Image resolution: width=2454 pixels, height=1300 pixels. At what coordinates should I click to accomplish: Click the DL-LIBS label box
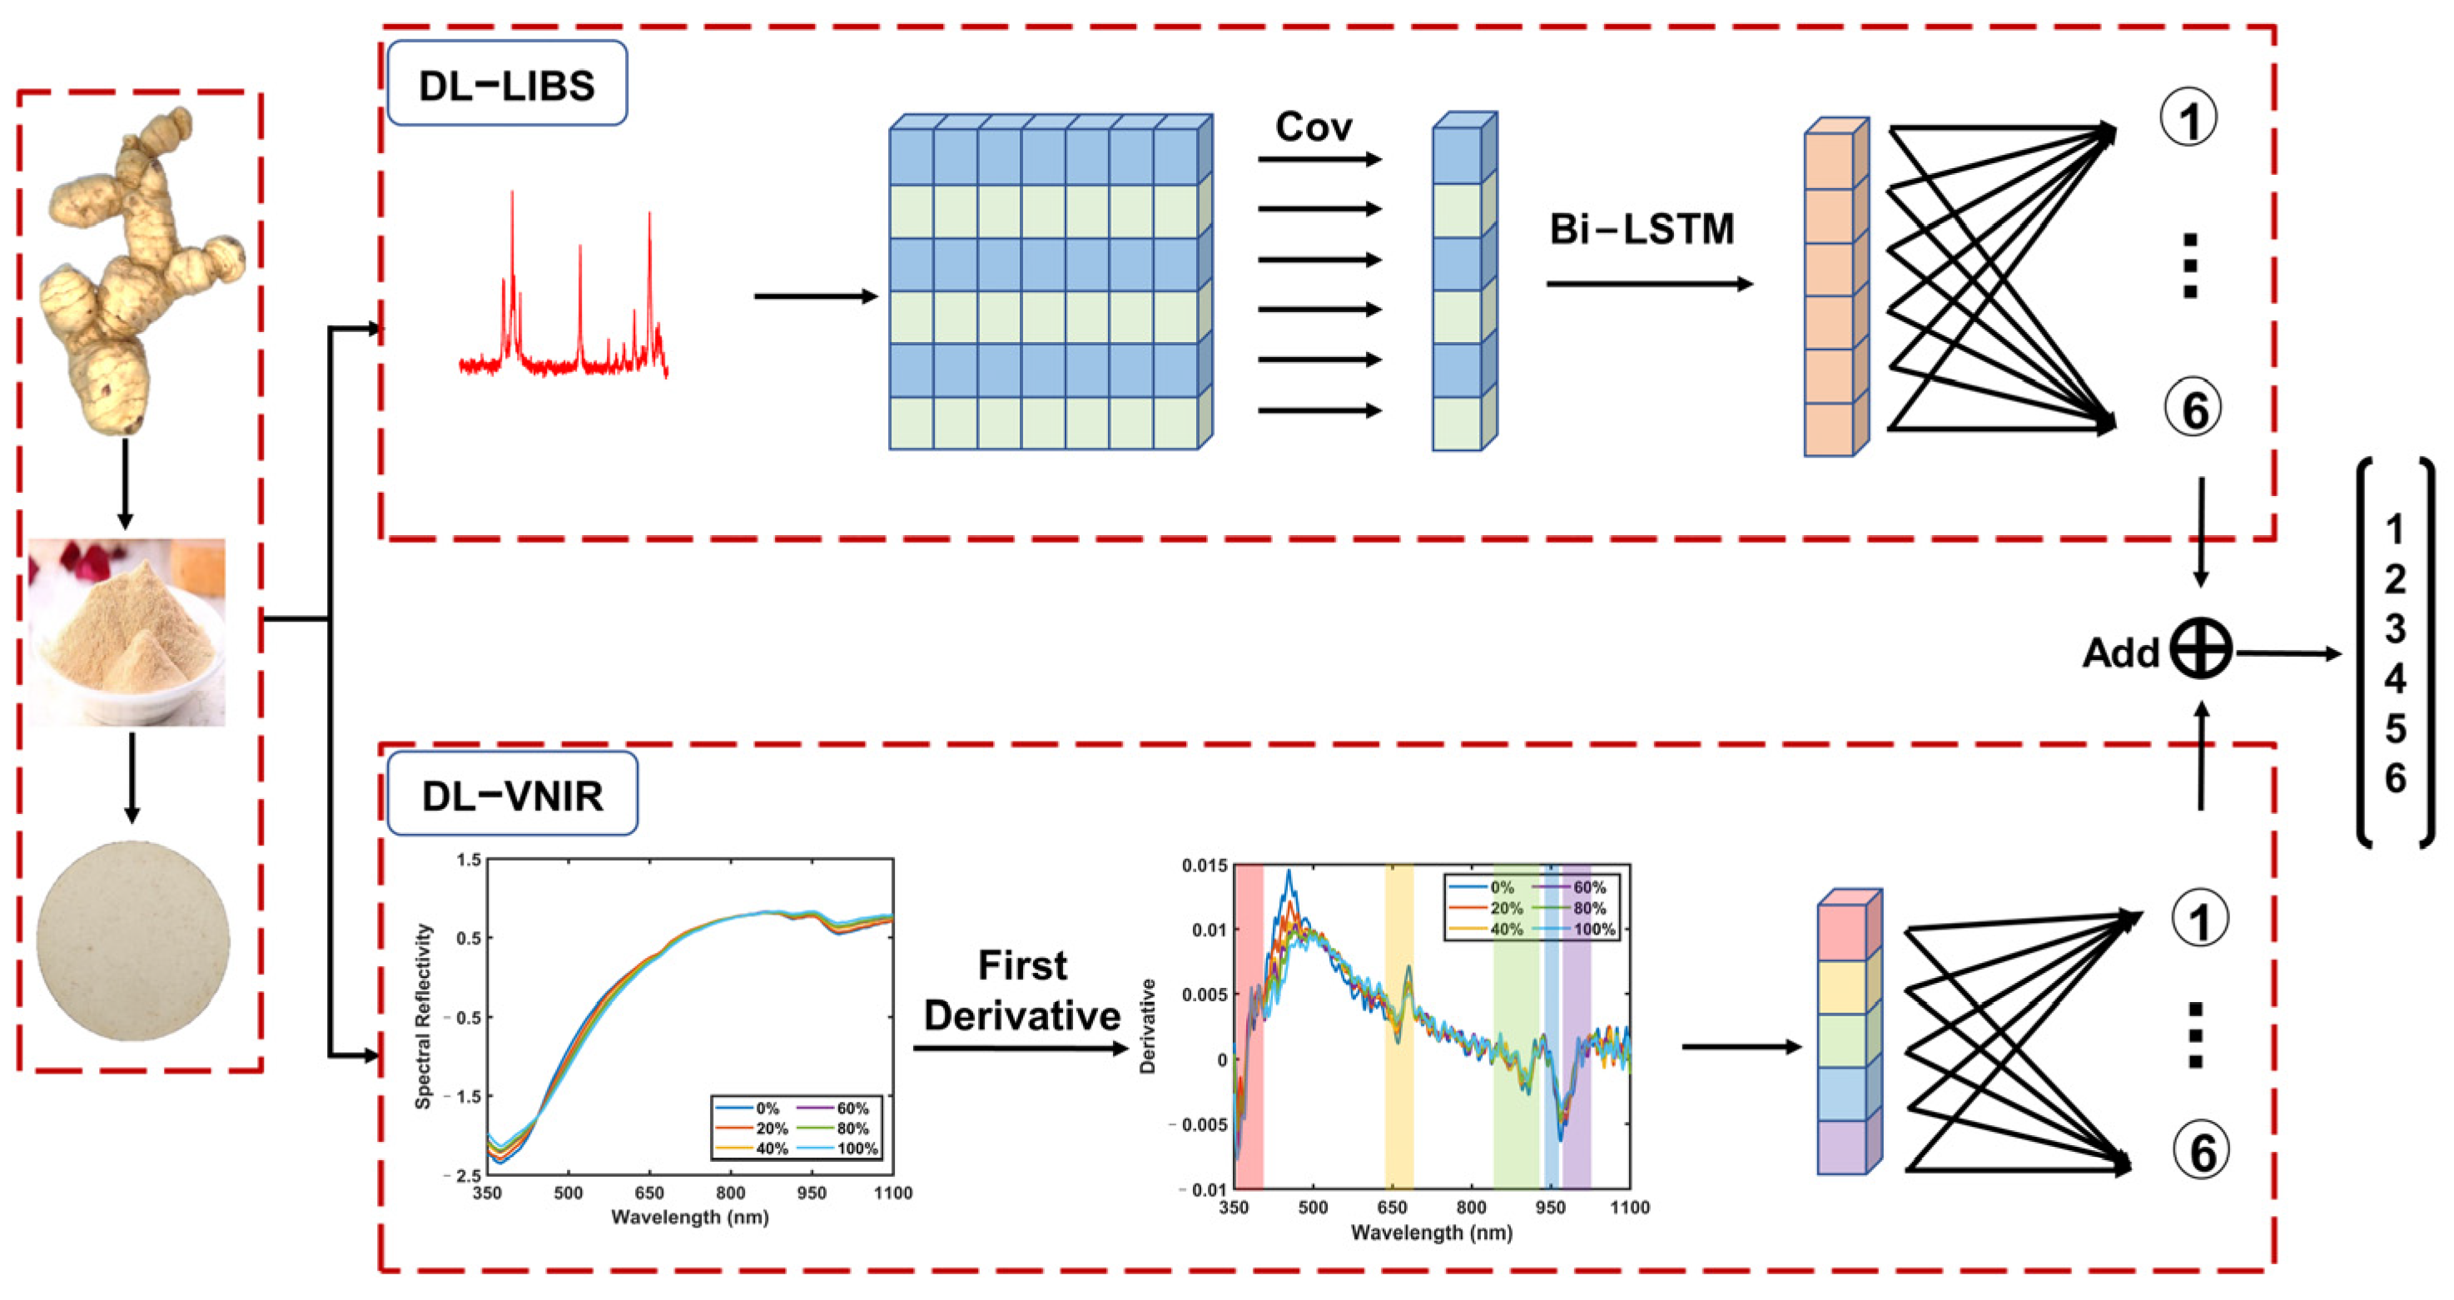coord(506,85)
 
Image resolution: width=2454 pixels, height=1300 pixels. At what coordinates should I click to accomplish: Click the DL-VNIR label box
coord(513,794)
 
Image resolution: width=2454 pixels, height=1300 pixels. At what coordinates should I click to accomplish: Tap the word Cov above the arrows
coord(1313,127)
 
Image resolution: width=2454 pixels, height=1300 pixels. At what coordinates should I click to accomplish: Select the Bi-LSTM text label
coord(1642,230)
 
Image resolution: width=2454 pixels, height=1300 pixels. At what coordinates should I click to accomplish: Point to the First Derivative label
coord(1022,990)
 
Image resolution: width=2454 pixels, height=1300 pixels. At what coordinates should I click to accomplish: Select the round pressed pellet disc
coord(133,941)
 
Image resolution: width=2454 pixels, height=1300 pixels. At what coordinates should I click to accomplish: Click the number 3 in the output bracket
coord(2395,629)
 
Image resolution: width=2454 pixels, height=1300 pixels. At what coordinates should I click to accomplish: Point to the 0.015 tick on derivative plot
coord(1205,866)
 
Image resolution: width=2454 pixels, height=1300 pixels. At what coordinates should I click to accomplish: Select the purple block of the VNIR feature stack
coord(1841,1147)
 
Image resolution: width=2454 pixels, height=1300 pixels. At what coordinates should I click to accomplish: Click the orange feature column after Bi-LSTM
coord(1829,295)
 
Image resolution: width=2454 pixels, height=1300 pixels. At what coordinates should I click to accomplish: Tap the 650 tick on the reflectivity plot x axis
coord(648,1193)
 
